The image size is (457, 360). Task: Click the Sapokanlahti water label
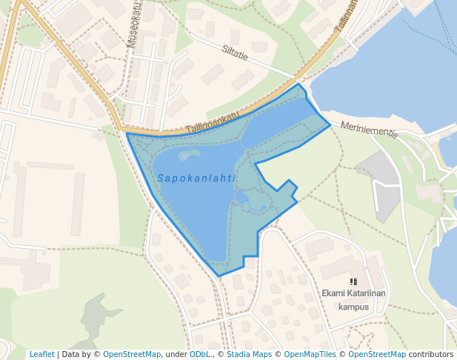(196, 179)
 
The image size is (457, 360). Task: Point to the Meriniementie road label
(369, 130)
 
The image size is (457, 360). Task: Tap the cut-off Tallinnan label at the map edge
(346, 16)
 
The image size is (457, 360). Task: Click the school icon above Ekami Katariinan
(354, 281)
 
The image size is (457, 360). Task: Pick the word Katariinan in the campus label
(368, 293)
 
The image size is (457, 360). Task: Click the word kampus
(353, 307)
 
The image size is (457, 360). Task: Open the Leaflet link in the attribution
(41, 354)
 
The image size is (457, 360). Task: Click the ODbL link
(200, 354)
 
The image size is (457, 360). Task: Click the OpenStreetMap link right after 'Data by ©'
(132, 354)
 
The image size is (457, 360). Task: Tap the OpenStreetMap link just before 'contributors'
(377, 354)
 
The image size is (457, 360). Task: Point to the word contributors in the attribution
(431, 354)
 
